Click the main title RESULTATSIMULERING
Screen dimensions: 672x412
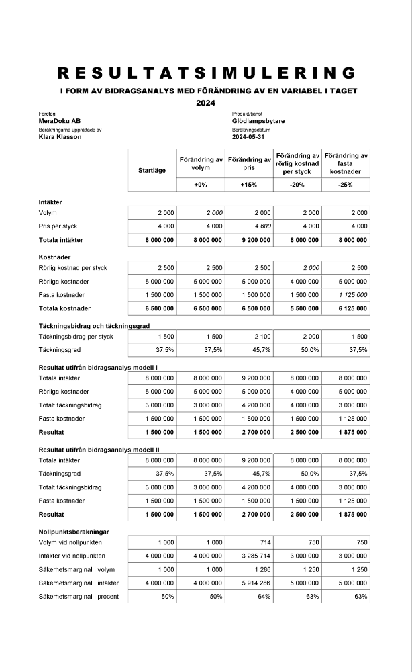tap(206, 73)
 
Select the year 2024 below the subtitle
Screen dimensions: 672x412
tap(205, 103)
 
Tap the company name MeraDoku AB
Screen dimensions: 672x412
tap(60, 121)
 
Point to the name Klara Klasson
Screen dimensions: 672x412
tap(60, 136)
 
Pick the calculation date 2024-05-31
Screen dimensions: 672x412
tap(248, 136)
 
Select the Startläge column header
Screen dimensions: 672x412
tap(151, 170)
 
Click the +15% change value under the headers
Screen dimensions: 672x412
tap(248, 185)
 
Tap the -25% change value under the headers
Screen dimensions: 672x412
tap(346, 185)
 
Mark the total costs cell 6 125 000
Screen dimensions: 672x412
tap(352, 308)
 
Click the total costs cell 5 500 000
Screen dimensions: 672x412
tap(303, 308)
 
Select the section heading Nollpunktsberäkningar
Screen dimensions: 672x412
tap(74, 531)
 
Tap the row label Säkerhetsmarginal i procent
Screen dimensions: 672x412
tap(79, 597)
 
